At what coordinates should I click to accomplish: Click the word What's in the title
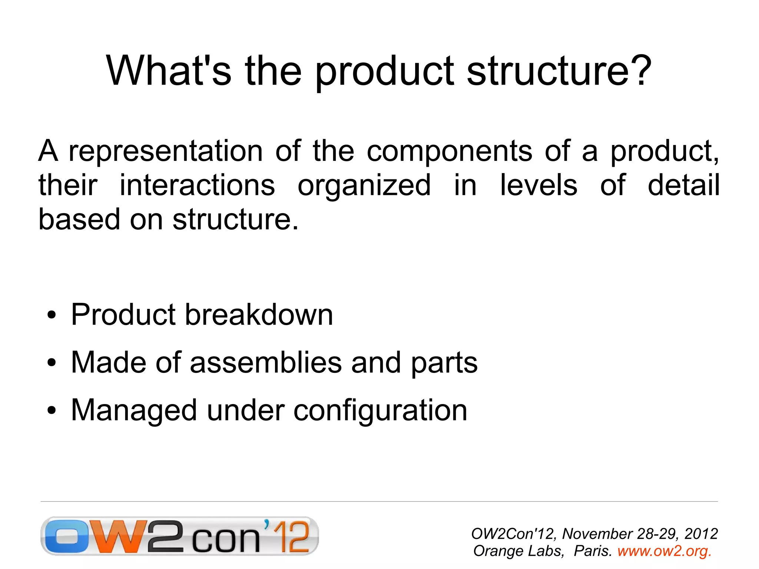click(169, 70)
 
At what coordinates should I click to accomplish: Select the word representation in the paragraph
click(166, 151)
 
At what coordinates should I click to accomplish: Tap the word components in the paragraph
click(449, 152)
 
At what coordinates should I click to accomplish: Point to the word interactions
click(197, 185)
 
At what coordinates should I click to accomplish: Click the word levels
click(538, 185)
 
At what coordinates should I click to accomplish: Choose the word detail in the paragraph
click(683, 185)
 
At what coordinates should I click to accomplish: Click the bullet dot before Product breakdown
click(52, 315)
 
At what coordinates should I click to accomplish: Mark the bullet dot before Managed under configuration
click(52, 411)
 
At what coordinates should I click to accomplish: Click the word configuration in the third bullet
click(380, 411)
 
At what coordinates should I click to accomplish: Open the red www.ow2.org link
click(664, 551)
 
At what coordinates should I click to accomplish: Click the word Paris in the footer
click(592, 551)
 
